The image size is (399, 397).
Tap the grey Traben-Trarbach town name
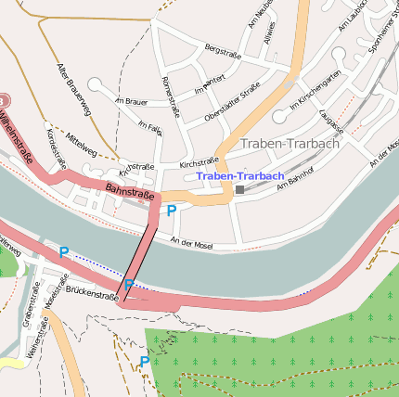coord(290,144)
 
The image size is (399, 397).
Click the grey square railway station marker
coord(239,190)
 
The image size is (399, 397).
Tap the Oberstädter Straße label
coord(232,106)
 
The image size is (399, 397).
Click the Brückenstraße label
coord(92,293)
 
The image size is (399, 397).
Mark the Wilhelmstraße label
coord(18,134)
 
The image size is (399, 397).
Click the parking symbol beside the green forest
coord(144,361)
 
